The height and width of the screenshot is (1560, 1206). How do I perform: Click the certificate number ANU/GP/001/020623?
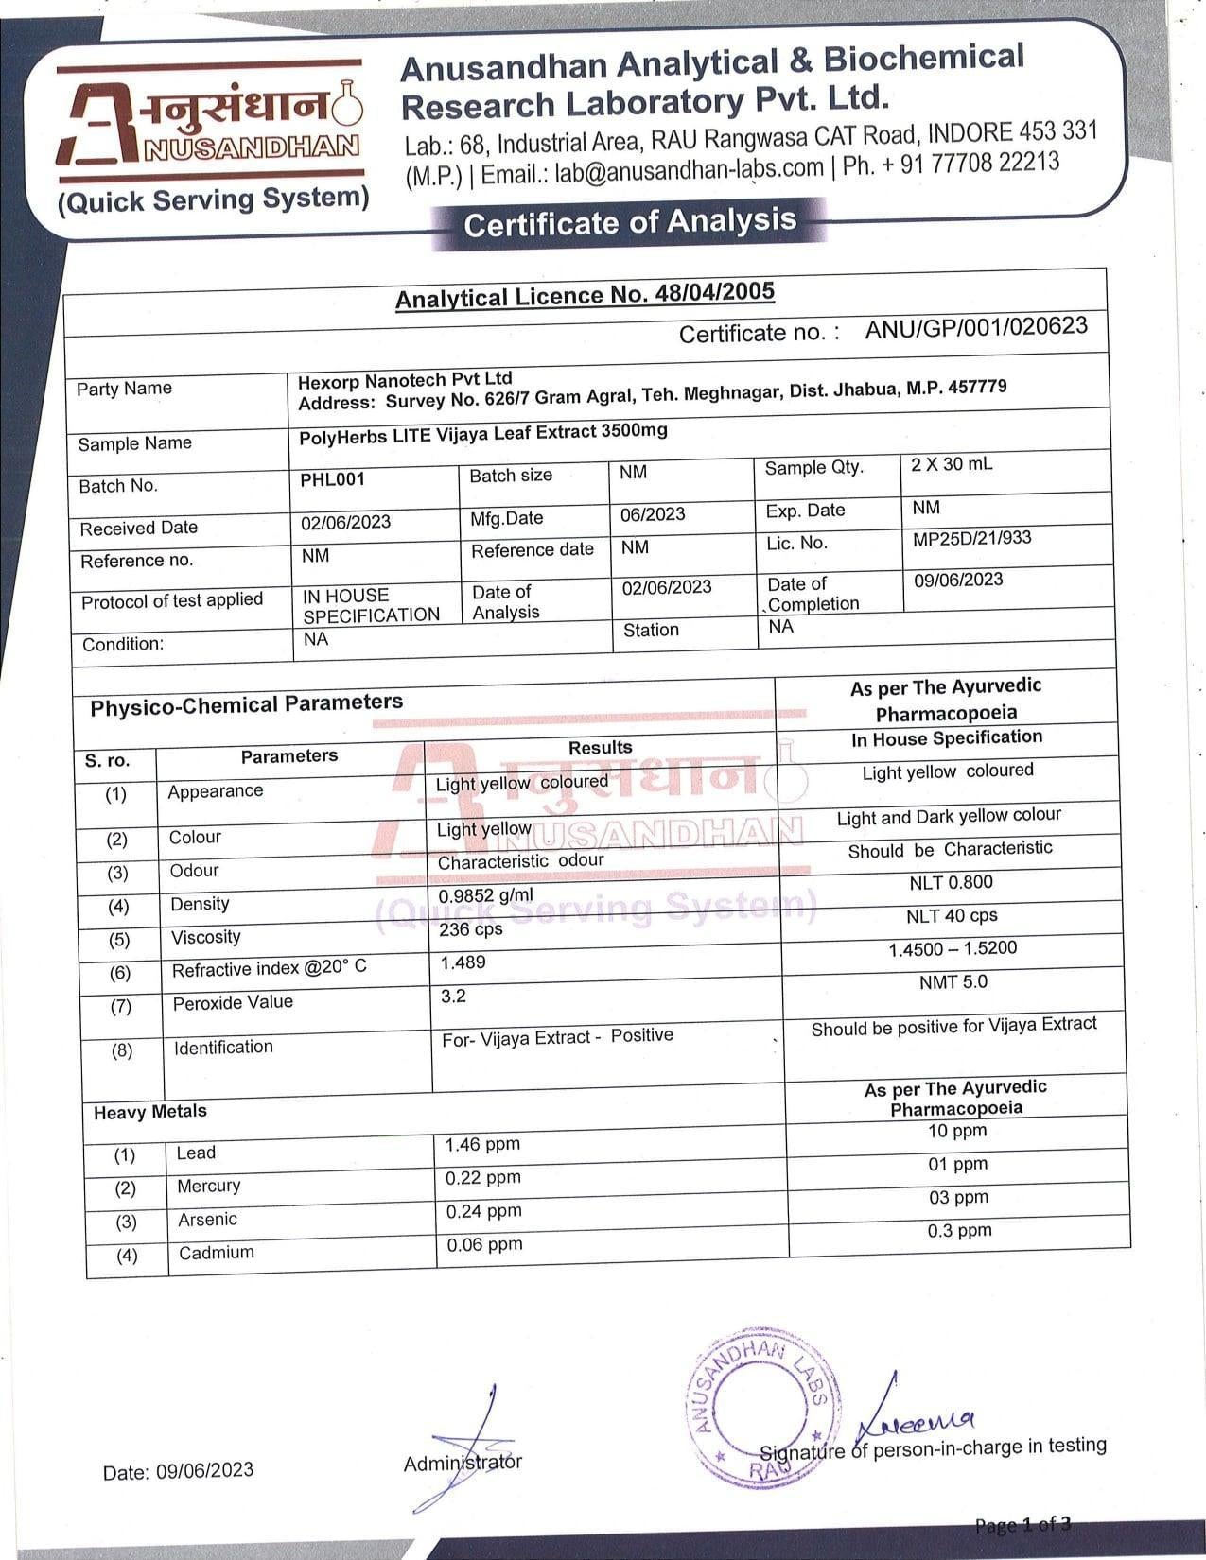tap(975, 327)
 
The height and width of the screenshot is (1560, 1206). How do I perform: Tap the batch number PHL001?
tap(332, 479)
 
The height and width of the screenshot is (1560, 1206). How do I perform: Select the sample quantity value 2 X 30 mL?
tap(952, 464)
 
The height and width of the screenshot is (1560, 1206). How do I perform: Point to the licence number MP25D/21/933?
tap(971, 539)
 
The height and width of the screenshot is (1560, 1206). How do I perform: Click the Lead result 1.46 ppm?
tap(482, 1145)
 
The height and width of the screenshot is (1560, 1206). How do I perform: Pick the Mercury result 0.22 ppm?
tap(482, 1178)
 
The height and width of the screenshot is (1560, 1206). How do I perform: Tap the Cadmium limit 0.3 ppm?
tap(959, 1230)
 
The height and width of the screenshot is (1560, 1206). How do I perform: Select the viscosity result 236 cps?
tap(471, 929)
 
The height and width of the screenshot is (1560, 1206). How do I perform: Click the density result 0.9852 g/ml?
tap(485, 895)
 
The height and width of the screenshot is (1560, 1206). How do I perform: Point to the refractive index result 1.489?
tap(463, 962)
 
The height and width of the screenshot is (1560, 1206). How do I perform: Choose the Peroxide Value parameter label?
tap(233, 1002)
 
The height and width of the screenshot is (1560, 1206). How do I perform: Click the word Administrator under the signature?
tap(463, 1463)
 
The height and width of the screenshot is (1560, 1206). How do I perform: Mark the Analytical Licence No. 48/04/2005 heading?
tap(585, 295)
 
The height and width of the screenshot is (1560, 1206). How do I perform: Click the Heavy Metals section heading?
tap(149, 1112)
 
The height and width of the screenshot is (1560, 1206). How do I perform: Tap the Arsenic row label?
tap(207, 1220)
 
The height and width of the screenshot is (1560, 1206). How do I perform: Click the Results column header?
tap(600, 748)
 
